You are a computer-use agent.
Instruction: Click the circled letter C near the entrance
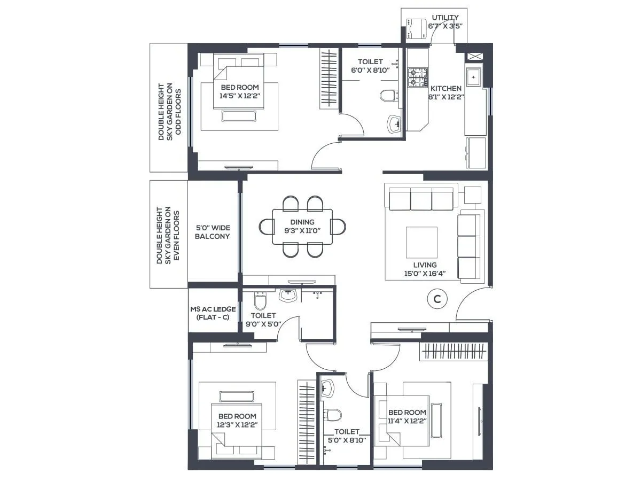[437, 299]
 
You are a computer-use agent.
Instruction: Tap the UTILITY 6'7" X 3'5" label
[445, 21]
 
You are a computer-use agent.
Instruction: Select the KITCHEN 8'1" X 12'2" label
[446, 92]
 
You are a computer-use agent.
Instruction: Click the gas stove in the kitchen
[418, 77]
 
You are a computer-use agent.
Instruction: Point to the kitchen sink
[473, 77]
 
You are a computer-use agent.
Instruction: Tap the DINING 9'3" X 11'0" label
[302, 227]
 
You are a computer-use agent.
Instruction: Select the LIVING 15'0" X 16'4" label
[425, 269]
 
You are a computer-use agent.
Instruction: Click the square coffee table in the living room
[421, 242]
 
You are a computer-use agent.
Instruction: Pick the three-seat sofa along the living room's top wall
[421, 200]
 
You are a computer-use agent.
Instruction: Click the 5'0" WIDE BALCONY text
[212, 232]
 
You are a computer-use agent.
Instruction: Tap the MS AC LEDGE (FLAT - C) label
[209, 313]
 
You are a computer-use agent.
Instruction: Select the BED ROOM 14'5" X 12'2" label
[239, 91]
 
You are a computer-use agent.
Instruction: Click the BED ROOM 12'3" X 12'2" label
[237, 420]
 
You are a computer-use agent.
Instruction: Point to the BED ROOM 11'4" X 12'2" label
[407, 416]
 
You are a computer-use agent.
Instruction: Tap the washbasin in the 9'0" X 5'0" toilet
[288, 295]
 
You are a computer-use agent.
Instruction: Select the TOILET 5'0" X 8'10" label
[347, 436]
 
